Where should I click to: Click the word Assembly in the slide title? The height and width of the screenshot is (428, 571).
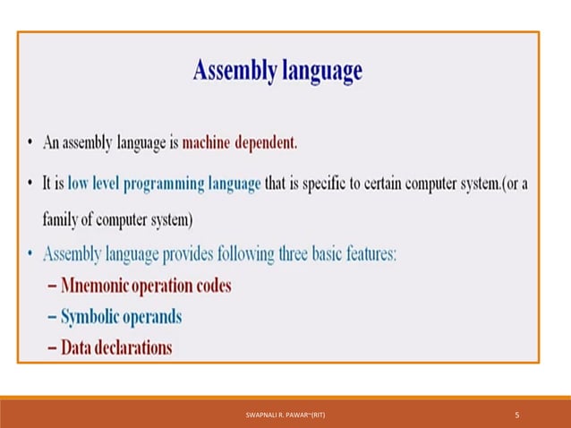(228, 72)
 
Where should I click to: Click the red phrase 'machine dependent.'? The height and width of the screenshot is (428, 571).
(239, 142)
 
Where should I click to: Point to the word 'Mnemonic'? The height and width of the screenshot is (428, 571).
(99, 287)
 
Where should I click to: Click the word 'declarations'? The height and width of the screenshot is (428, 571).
(134, 347)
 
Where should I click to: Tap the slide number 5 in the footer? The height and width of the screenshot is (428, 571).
(517, 415)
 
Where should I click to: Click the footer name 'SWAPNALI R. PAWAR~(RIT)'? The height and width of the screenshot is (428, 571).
(285, 415)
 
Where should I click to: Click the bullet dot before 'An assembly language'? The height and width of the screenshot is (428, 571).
(31, 143)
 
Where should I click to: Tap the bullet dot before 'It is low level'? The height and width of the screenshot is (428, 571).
(31, 184)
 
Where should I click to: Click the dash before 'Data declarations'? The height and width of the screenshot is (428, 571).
(51, 347)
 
